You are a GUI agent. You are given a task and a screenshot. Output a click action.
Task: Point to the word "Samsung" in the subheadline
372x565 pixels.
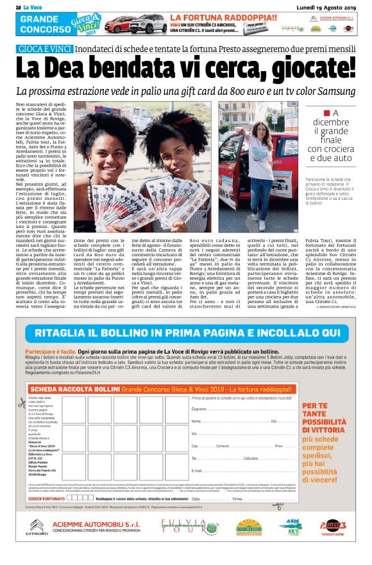(x=333, y=92)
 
